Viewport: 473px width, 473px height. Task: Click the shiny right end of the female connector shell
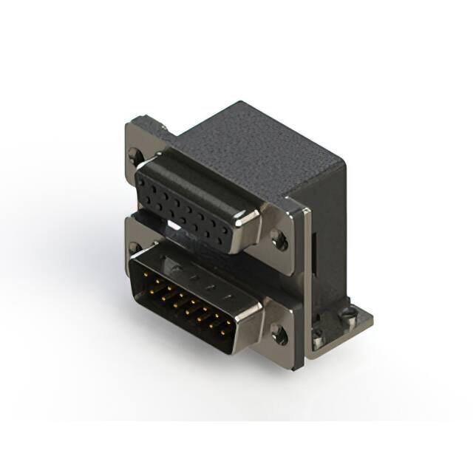tap(246, 222)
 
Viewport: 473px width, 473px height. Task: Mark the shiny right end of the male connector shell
tap(248, 319)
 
